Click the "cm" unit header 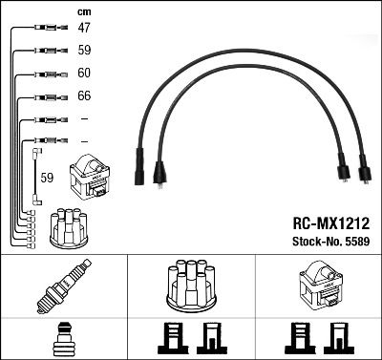click(x=83, y=11)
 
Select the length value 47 click(x=84, y=30)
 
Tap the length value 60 click(x=84, y=74)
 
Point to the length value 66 click(x=84, y=96)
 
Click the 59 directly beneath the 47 click(x=84, y=52)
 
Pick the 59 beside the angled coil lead click(x=46, y=178)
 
